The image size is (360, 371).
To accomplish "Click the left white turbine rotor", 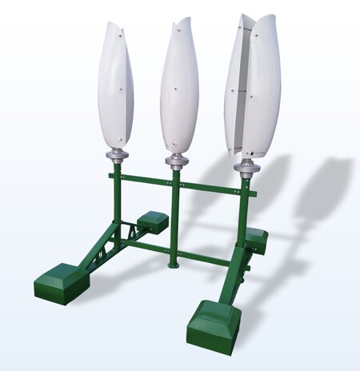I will click(x=115, y=88).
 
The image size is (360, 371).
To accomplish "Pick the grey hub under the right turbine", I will click(x=247, y=167).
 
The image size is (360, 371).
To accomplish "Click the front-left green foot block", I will click(x=60, y=281).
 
